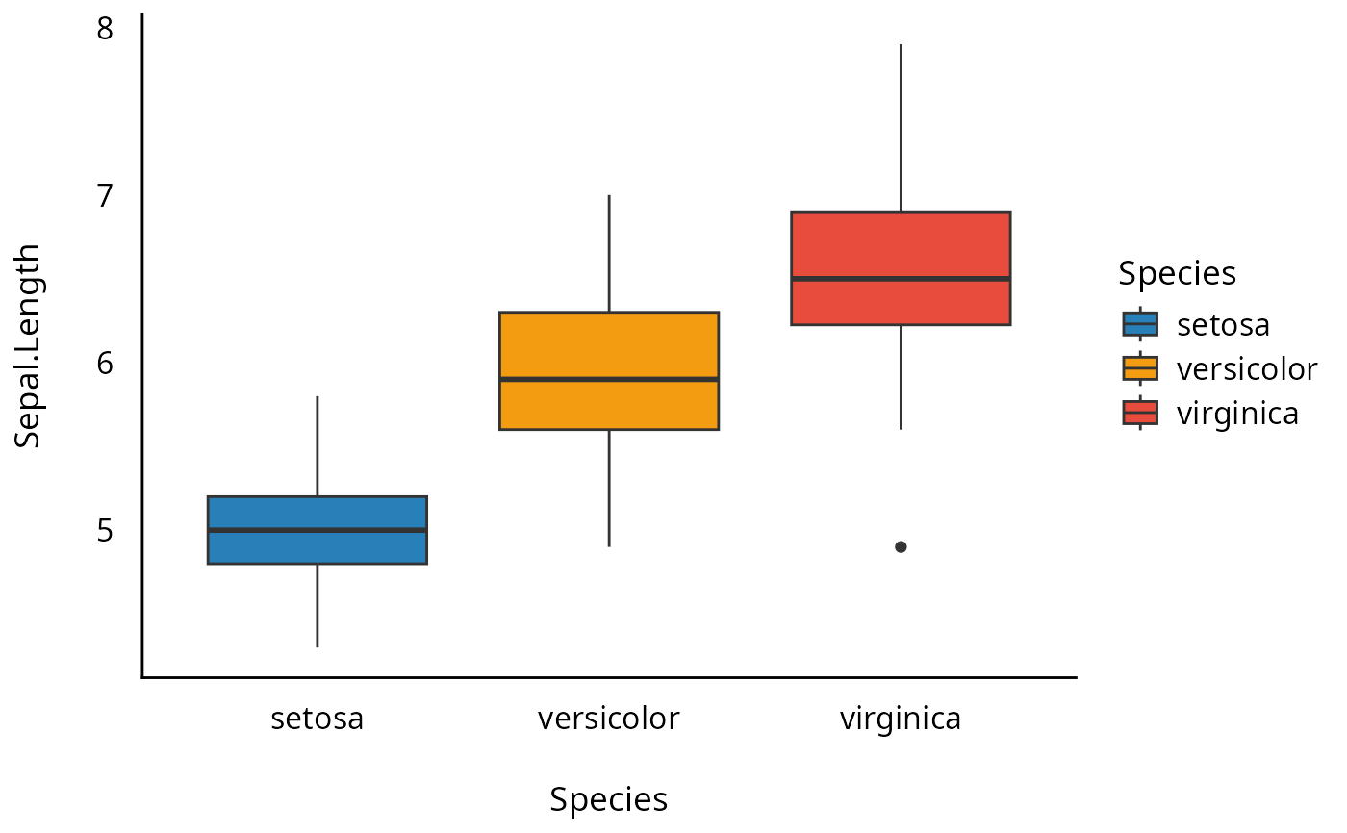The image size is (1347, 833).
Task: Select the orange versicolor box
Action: click(609, 404)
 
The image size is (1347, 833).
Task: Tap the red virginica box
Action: click(901, 245)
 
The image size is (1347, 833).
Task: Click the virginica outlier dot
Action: click(901, 546)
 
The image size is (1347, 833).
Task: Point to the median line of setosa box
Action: click(318, 530)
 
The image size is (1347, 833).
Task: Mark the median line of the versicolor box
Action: click(609, 379)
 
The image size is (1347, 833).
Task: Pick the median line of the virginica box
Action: click(901, 279)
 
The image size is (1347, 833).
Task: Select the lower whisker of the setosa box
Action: click(318, 605)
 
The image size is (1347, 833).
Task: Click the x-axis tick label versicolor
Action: click(609, 719)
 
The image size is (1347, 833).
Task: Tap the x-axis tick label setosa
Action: click(318, 719)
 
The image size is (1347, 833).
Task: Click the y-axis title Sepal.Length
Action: click(29, 346)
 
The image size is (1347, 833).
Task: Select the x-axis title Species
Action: click(609, 799)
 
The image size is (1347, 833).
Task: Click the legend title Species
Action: click(1177, 274)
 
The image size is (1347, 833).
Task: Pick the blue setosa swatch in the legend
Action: click(1141, 324)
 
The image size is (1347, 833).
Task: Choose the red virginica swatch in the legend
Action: click(1141, 413)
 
